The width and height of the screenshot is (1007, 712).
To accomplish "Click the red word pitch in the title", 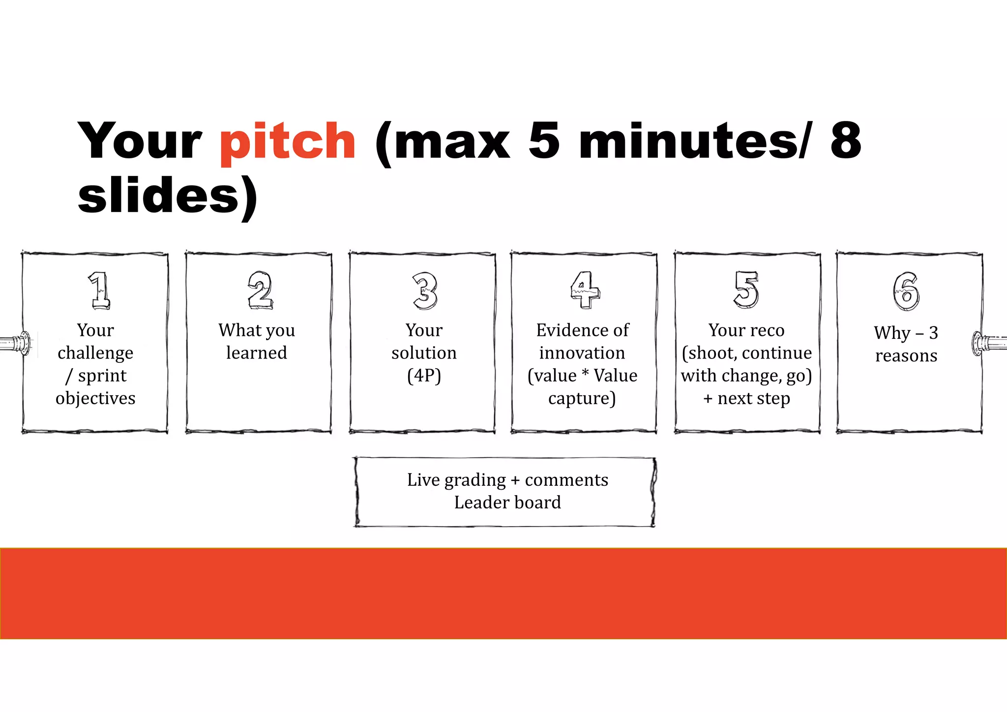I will coord(288,143).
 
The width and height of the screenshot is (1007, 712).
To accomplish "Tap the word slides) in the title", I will coord(167,197).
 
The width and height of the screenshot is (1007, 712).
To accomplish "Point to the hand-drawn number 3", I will coord(425,291).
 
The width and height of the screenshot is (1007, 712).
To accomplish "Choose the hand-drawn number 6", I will coord(906,291).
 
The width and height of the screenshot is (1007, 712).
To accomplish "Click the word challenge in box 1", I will coord(95,353).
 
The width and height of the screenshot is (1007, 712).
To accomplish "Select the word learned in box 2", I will coord(257,353).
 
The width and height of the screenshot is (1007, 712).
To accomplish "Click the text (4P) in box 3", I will coord(424,376).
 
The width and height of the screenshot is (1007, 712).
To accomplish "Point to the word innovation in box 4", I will coord(582,353).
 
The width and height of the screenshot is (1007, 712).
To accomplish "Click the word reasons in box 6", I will coord(906,356).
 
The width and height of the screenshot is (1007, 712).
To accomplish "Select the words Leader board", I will coord(507,503).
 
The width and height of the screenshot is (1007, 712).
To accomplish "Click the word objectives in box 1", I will coord(95,398).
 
